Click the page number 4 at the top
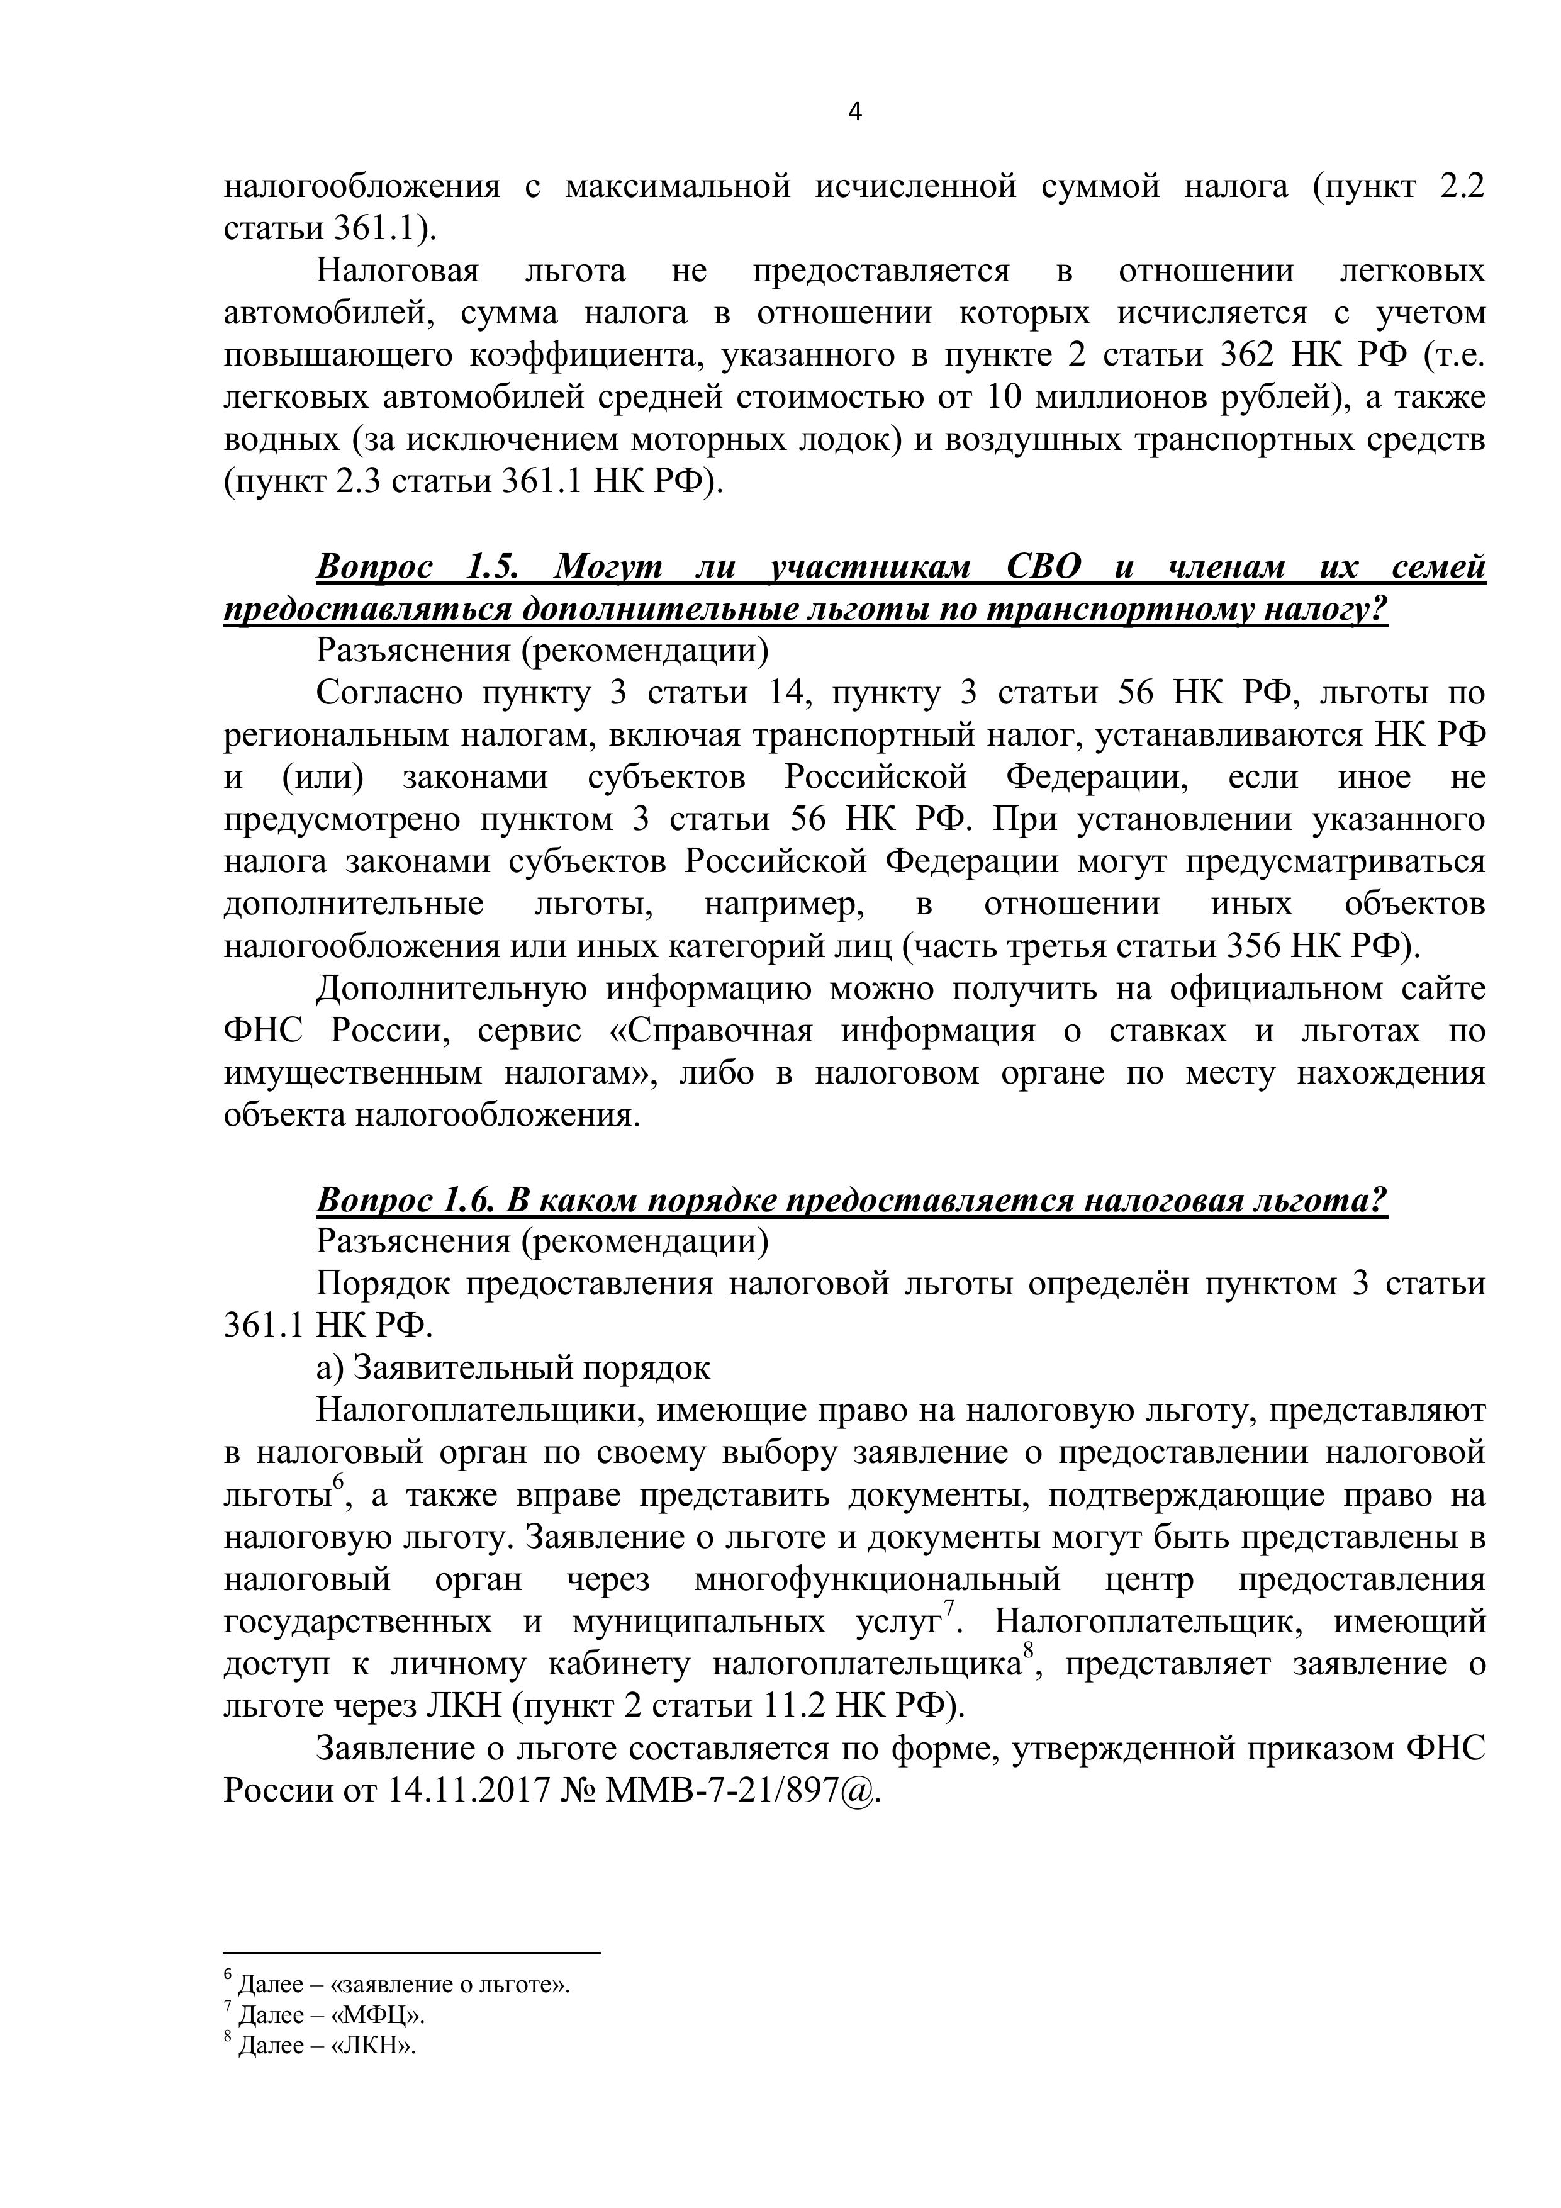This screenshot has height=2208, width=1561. point(855,113)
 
